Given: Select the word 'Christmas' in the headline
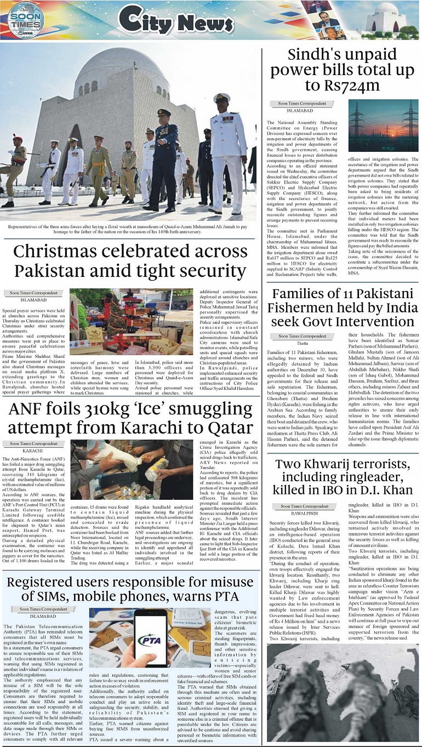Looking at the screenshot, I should coord(65,252).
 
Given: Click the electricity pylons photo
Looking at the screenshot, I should coord(383,125).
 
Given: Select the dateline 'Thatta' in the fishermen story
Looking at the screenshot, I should coord(303,343).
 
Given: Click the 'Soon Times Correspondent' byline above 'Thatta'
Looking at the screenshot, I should coord(303,335).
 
